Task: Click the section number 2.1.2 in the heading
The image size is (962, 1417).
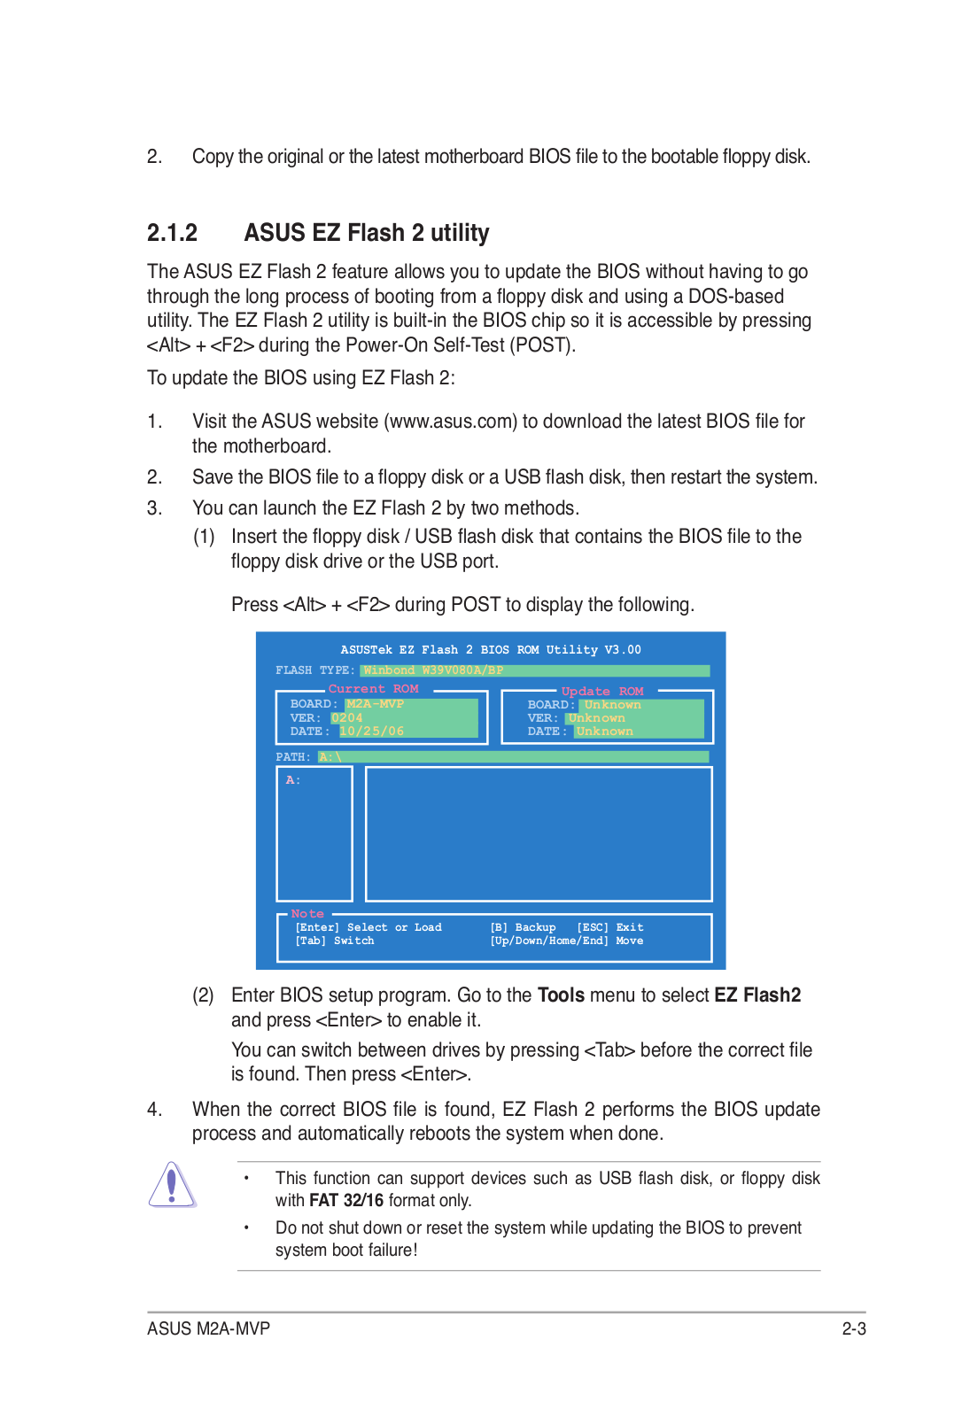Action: pos(172,233)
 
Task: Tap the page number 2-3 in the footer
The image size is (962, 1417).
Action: pos(853,1328)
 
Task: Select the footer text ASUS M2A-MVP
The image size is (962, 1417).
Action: pos(208,1328)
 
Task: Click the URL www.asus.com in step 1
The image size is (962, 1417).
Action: pos(453,422)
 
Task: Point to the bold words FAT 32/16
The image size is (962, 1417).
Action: pos(345,1201)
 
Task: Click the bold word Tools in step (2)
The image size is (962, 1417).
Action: pos(561,995)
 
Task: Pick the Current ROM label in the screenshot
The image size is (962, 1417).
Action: pos(373,689)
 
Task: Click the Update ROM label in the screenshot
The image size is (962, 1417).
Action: pos(602,692)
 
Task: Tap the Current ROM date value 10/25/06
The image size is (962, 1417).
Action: pos(371,732)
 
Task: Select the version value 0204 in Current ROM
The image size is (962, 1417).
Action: pos(346,718)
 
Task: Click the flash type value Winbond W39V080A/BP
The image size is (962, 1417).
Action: pos(433,670)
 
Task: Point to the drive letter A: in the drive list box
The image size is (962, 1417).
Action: pos(293,780)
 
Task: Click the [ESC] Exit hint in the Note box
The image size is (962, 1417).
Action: pos(609,927)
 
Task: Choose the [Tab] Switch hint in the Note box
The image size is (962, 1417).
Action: pos(334,941)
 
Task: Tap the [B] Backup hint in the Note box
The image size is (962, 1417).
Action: pos(523,927)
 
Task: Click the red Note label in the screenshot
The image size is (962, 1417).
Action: pos(307,914)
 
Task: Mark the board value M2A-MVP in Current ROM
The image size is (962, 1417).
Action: pos(375,704)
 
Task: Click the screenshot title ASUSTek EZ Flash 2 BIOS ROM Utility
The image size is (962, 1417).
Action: pos(490,650)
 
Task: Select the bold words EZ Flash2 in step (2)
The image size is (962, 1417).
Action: pos(757,995)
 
